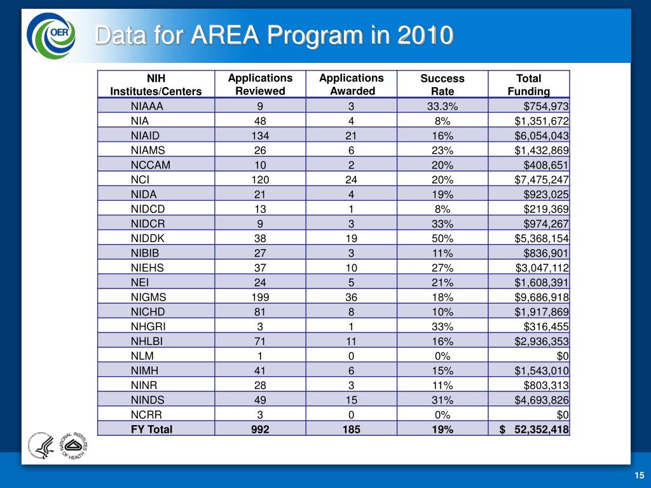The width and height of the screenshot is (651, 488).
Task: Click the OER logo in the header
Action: pyautogui.click(x=51, y=36)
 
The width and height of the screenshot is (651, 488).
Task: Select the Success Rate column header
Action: pyautogui.click(x=442, y=85)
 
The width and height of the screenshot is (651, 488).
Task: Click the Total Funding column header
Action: pyautogui.click(x=528, y=85)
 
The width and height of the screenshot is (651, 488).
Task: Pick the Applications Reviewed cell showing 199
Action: pyautogui.click(x=260, y=297)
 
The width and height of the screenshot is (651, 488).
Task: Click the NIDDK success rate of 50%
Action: pyautogui.click(x=442, y=238)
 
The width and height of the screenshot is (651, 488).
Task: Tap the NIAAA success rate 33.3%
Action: pyautogui.click(x=442, y=107)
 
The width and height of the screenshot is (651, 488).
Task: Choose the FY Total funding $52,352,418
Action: pyautogui.click(x=534, y=429)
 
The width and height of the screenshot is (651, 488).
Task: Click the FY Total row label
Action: pyautogui.click(x=151, y=429)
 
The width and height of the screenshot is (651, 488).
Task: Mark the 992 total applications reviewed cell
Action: pyautogui.click(x=260, y=429)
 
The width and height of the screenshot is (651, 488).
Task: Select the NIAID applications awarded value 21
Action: pyautogui.click(x=352, y=136)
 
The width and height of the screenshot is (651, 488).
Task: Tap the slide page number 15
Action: pyautogui.click(x=639, y=476)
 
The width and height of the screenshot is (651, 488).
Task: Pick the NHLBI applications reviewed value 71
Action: pyautogui.click(x=260, y=341)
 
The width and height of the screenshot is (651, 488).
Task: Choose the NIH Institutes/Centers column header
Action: pyautogui.click(x=156, y=85)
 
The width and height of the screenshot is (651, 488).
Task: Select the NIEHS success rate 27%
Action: pyautogui.click(x=442, y=268)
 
